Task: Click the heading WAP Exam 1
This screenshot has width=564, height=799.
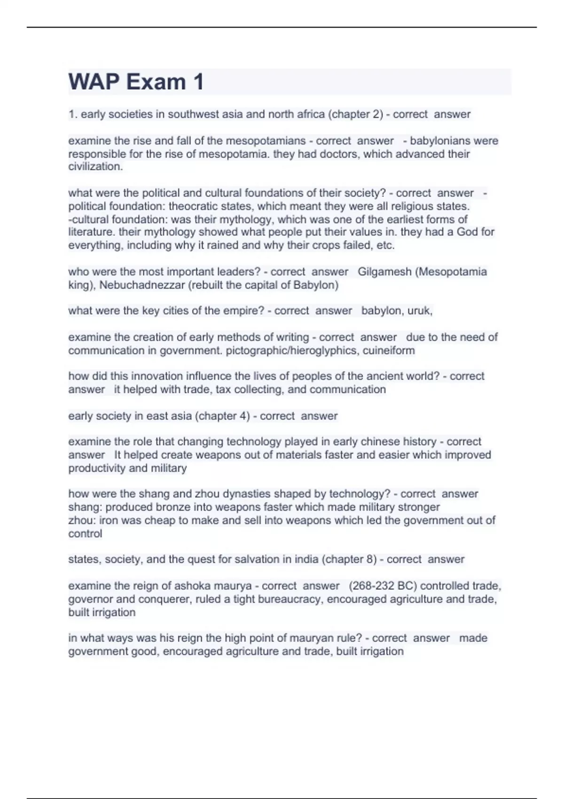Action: tap(136, 82)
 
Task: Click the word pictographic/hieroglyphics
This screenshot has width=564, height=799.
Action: tap(292, 350)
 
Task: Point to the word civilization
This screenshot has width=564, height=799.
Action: tap(95, 166)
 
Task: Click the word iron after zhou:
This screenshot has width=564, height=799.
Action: tap(109, 520)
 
